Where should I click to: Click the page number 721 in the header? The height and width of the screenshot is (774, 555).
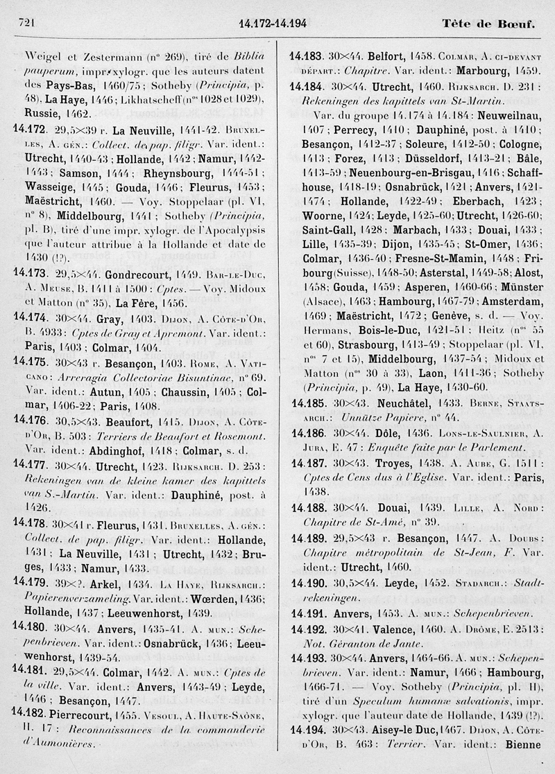click(x=24, y=23)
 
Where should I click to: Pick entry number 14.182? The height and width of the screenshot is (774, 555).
click(x=29, y=714)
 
